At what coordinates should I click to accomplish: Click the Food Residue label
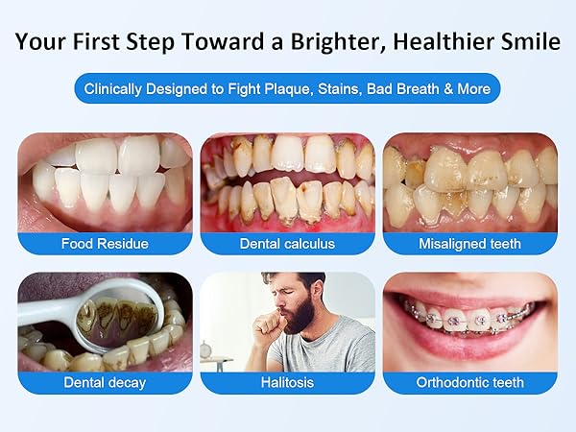[105, 243]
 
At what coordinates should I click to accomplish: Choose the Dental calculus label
[288, 243]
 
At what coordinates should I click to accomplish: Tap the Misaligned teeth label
[469, 243]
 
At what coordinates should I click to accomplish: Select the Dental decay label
[105, 382]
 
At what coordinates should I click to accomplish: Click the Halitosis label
[288, 382]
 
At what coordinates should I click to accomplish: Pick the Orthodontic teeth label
[469, 382]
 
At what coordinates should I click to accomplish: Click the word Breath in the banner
[415, 89]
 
